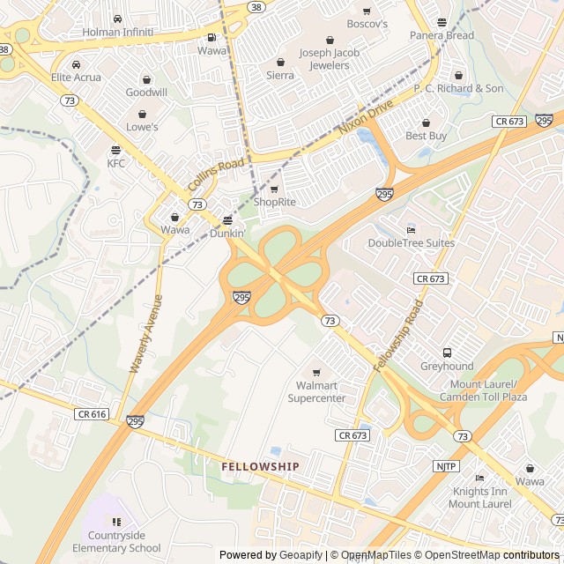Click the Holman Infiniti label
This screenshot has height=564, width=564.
[118, 33]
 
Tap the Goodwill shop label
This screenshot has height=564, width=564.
[145, 92]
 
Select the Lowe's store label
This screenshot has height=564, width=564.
[142, 127]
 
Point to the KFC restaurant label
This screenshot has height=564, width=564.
[116, 163]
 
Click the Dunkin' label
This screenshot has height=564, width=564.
[227, 233]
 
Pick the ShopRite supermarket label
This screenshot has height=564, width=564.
[274, 202]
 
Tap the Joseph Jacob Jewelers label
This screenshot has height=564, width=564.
[330, 59]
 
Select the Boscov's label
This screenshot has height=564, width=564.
[367, 24]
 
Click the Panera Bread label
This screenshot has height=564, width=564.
[442, 35]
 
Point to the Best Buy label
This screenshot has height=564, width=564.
[427, 136]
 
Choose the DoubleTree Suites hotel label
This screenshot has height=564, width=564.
[411, 242]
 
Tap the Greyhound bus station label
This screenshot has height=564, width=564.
[447, 366]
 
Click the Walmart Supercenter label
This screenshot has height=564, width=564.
[316, 392]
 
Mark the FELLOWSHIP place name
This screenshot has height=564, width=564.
[260, 466]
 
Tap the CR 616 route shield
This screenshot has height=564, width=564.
[92, 413]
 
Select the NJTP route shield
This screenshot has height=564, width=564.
[446, 466]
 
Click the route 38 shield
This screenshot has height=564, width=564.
[256, 6]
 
